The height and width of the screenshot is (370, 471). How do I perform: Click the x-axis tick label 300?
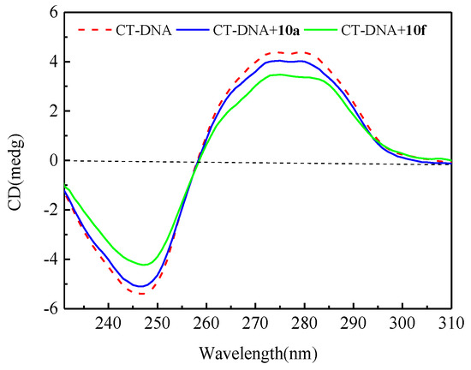[402, 324]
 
